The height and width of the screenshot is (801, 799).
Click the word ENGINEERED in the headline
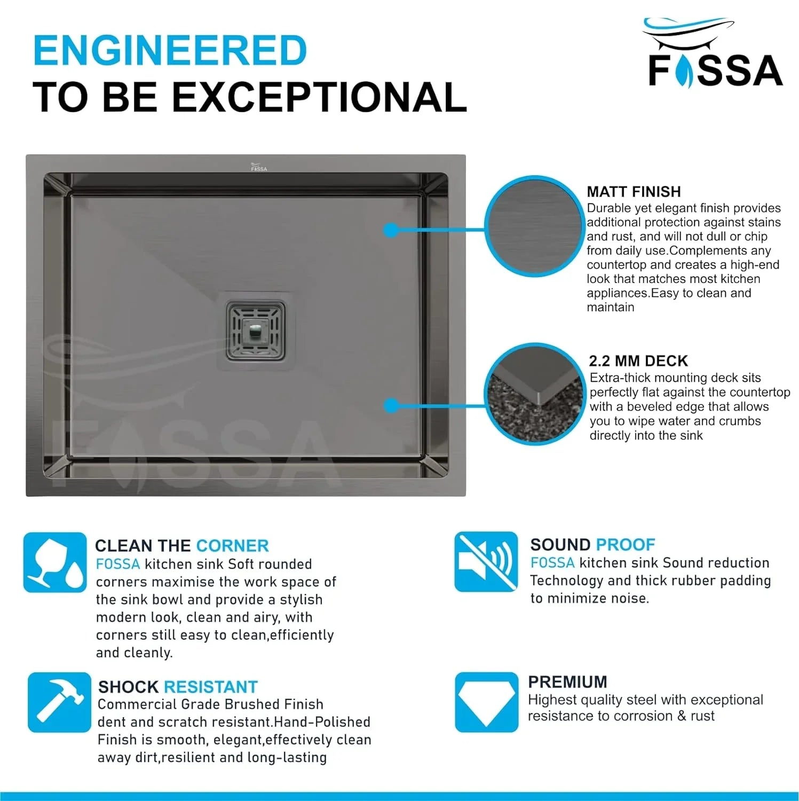pyautogui.click(x=170, y=50)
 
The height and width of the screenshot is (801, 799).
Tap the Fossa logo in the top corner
pyautogui.click(x=714, y=53)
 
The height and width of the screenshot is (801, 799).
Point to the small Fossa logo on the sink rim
pyautogui.click(x=259, y=167)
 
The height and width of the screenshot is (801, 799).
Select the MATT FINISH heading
pyautogui.click(x=634, y=192)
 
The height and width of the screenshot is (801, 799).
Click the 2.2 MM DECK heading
pyautogui.click(x=638, y=361)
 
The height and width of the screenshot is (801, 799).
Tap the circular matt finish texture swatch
pyautogui.click(x=534, y=226)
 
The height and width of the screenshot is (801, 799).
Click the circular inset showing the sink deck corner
pyautogui.click(x=534, y=394)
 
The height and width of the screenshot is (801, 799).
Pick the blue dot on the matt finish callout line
pyautogui.click(x=391, y=230)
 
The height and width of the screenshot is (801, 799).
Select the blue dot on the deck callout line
pyautogui.click(x=391, y=406)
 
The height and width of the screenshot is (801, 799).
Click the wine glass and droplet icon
pyautogui.click(x=55, y=562)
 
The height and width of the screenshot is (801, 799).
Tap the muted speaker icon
pyautogui.click(x=486, y=562)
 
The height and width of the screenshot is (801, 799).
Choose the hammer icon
pyautogui.click(x=59, y=702)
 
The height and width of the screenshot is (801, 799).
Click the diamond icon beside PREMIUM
pyautogui.click(x=486, y=702)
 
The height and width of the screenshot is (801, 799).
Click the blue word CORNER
pyautogui.click(x=232, y=546)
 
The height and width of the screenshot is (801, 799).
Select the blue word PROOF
pyautogui.click(x=626, y=545)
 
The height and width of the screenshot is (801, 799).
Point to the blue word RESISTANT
pyautogui.click(x=210, y=687)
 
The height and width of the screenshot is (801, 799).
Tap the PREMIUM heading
pyautogui.click(x=567, y=682)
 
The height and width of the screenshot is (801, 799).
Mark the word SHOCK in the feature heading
pyautogui.click(x=129, y=687)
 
